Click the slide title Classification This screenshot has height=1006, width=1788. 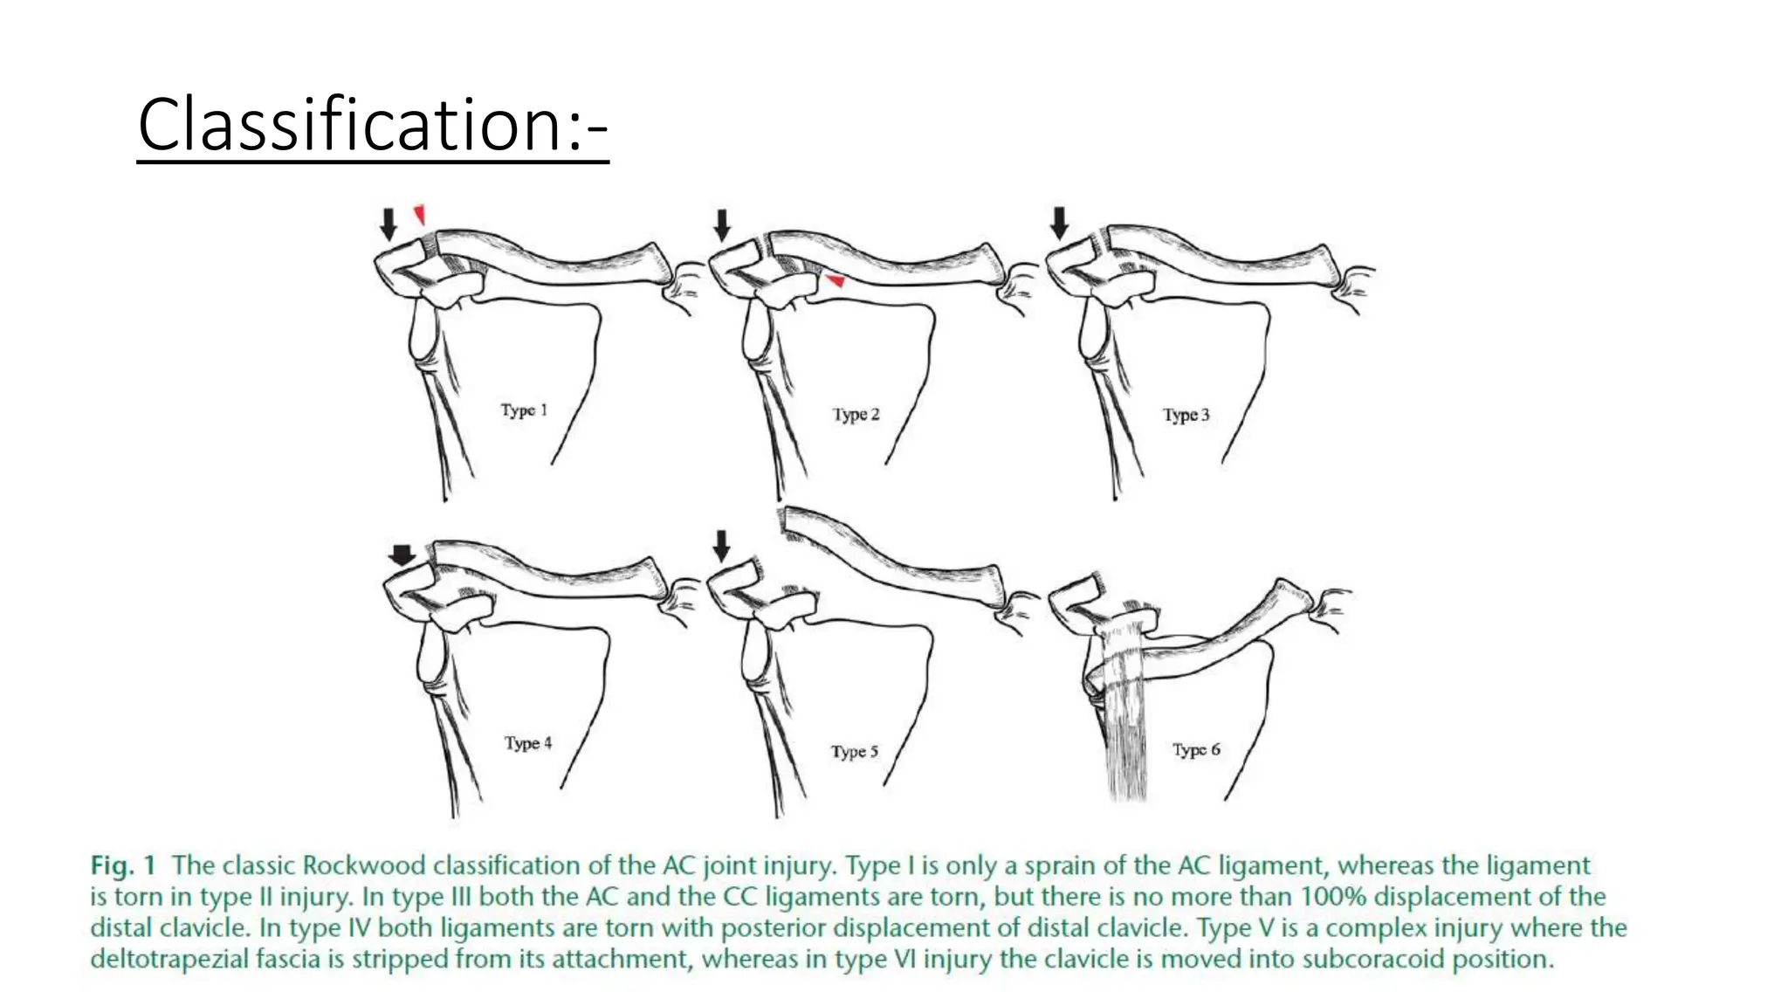373,125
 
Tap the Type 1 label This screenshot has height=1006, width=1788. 524,410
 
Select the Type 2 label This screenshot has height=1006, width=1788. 856,414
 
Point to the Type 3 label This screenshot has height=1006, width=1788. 1186,415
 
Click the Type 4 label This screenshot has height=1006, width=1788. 528,743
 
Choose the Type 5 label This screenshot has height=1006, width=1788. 854,751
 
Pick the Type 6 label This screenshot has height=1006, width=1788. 1196,749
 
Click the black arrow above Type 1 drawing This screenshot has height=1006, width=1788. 389,224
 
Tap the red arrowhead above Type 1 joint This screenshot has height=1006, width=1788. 420,214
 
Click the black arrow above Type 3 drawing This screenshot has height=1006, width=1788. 1059,223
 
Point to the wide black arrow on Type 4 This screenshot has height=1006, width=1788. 402,555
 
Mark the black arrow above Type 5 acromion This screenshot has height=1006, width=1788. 721,546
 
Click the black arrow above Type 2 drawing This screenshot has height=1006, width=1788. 721,224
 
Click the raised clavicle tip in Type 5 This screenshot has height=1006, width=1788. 790,521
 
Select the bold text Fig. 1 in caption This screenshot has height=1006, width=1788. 123,865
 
